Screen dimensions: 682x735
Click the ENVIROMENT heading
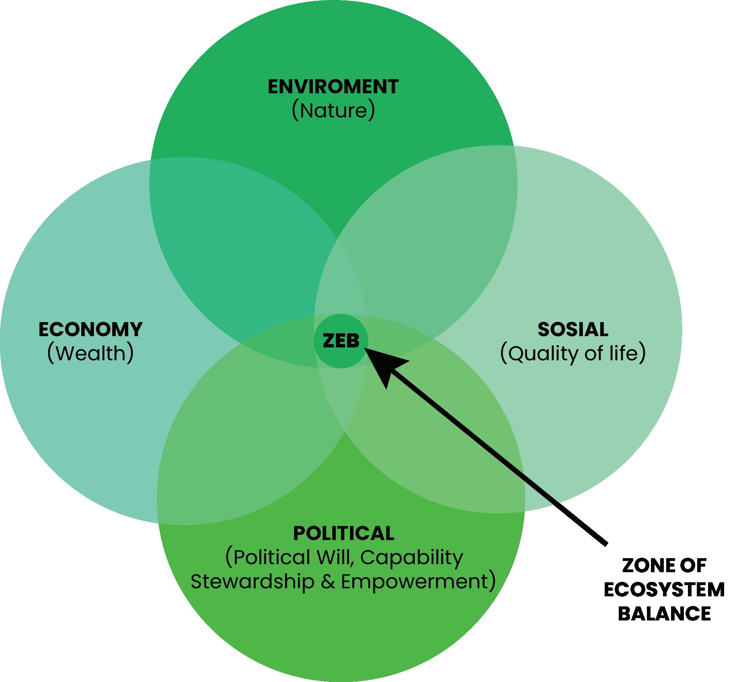click(333, 87)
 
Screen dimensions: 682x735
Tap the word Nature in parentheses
click(334, 111)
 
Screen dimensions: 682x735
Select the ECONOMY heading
click(91, 329)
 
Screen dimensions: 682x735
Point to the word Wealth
click(91, 353)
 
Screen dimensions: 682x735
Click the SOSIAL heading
click(573, 329)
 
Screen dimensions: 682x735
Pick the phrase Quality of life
click(573, 353)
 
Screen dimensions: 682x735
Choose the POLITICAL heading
click(344, 533)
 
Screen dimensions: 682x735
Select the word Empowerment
click(414, 581)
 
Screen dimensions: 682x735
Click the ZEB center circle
click(341, 341)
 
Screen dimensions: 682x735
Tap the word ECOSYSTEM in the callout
click(664, 590)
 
